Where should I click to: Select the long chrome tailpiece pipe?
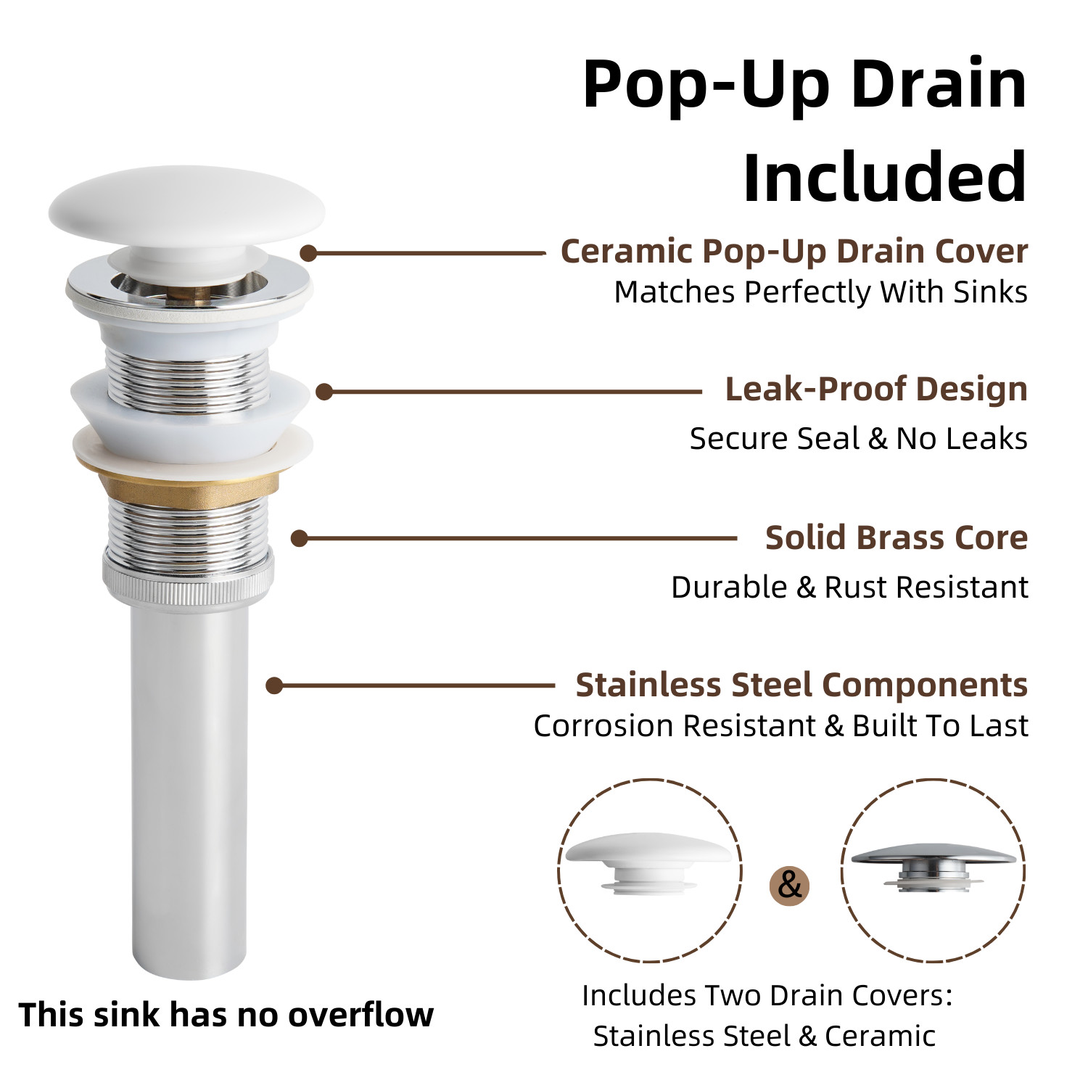189,791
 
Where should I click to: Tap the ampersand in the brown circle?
789,885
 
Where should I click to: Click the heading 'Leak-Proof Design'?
876,390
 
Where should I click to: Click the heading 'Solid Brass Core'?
896,538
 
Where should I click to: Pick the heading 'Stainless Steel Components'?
801,685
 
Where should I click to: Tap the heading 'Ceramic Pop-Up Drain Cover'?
794,252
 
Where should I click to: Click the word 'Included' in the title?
884,178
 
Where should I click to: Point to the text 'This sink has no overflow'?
226,1015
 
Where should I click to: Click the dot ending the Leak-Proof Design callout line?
324,392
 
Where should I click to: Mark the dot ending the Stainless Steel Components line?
274,685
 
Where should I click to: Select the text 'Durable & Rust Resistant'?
849,588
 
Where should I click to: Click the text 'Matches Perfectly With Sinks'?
820,292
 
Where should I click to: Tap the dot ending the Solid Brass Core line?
299,538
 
